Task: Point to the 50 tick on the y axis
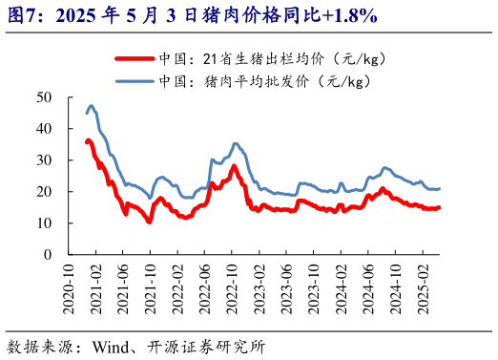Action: tap(44, 96)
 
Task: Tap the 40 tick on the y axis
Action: tap(44, 128)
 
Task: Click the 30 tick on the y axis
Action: tap(44, 159)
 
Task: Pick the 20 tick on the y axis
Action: tap(44, 191)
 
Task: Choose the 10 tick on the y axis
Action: tap(44, 222)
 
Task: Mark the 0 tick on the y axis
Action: tap(48, 254)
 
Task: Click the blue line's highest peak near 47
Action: tap(91, 106)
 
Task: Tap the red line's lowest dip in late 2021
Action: tap(149, 222)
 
